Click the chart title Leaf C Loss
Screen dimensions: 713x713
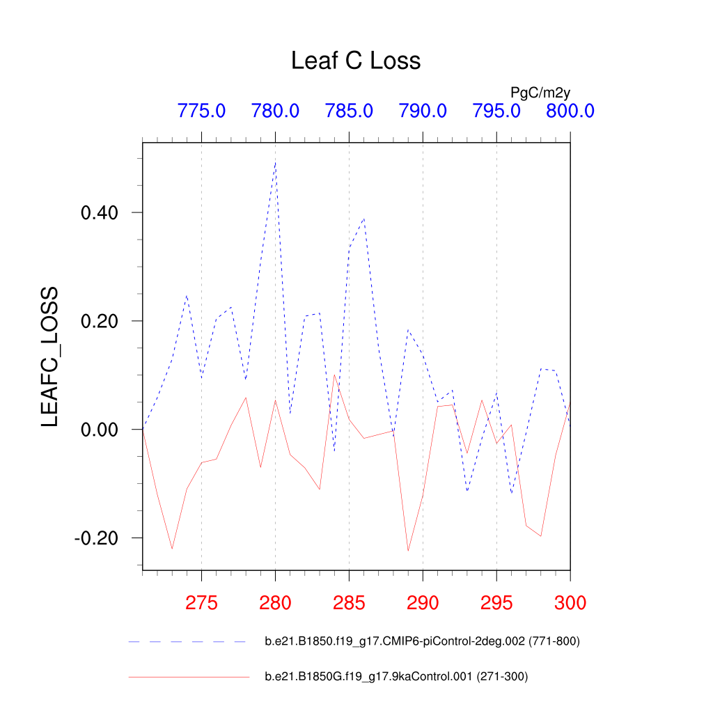click(x=356, y=61)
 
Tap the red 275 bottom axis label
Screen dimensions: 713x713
click(x=201, y=603)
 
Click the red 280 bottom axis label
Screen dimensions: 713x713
click(x=275, y=603)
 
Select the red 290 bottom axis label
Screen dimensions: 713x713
click(x=423, y=603)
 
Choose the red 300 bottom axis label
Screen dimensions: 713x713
click(x=570, y=603)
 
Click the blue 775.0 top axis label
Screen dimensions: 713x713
click(x=201, y=111)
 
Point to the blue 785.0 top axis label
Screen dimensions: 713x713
click(x=349, y=111)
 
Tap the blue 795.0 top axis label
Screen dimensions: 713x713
click(x=496, y=111)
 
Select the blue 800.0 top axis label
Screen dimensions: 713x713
click(x=570, y=111)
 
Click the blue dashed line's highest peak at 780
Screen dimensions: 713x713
click(x=276, y=163)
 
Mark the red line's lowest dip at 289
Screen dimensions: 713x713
click(x=408, y=551)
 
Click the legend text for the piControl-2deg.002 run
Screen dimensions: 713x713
click(x=422, y=641)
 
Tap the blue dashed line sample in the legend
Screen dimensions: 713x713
click(x=188, y=641)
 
